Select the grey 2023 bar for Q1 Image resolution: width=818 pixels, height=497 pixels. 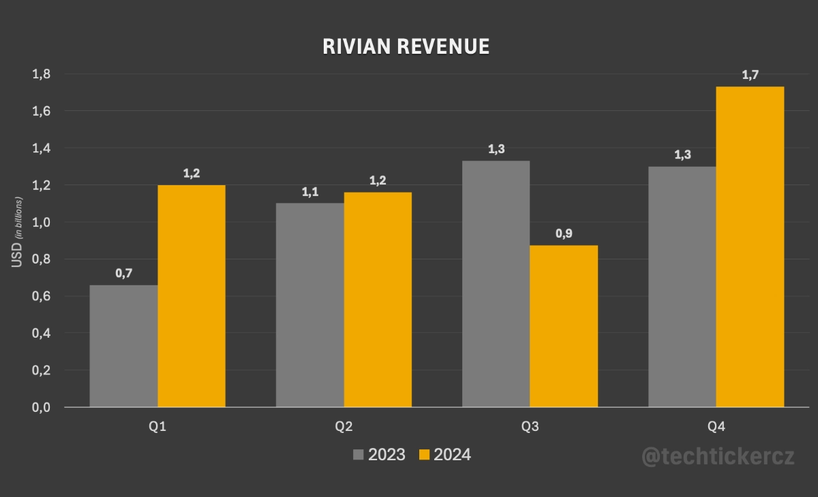click(123, 346)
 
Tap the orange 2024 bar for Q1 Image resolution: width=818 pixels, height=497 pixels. click(192, 296)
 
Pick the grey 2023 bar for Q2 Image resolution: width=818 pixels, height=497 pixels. click(309, 305)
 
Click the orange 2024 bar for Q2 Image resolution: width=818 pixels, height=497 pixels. click(378, 300)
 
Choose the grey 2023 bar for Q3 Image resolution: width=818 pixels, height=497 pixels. click(496, 284)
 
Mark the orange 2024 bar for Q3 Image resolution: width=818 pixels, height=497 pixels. click(564, 326)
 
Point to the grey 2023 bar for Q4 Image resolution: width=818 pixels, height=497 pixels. click(682, 287)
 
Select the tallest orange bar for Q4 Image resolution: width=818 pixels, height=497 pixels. click(750, 246)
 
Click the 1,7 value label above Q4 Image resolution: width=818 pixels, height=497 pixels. click(750, 75)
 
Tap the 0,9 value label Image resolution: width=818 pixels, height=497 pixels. click(564, 234)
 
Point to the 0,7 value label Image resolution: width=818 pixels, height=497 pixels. click(123, 273)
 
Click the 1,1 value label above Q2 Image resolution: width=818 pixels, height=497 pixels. click(309, 191)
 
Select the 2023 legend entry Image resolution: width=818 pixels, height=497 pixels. click(379, 455)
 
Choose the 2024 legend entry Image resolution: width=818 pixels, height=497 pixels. click(444, 455)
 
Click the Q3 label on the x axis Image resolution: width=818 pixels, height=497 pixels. click(530, 428)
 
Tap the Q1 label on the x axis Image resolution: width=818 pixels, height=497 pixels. click(157, 428)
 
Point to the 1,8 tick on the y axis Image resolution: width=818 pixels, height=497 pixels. click(42, 74)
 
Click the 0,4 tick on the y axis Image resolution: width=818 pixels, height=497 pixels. click(42, 333)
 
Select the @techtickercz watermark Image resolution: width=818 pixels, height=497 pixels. click(718, 456)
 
